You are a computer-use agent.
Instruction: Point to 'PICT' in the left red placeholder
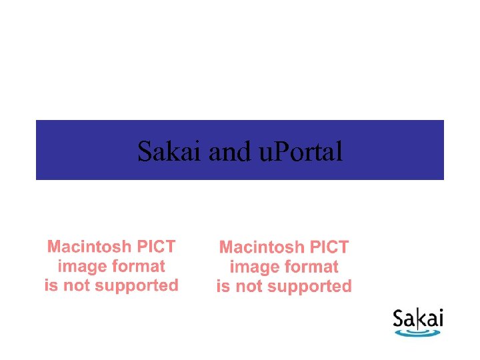156,247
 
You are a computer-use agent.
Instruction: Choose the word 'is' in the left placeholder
51,286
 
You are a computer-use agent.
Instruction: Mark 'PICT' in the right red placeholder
329,248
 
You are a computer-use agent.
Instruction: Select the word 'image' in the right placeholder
252,267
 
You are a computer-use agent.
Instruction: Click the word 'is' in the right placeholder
223,287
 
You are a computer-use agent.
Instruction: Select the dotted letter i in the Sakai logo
439,319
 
